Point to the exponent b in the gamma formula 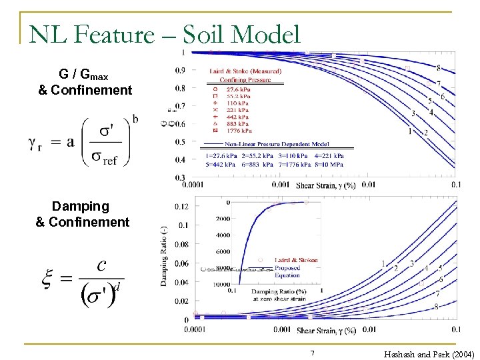pyautogui.click(x=135, y=119)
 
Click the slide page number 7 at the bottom pyautogui.click(x=311, y=353)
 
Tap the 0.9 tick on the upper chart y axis pyautogui.click(x=179, y=71)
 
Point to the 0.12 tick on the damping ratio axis pyautogui.click(x=181, y=207)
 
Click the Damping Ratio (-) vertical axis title pyautogui.click(x=163, y=256)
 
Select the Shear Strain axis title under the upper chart pyautogui.click(x=326, y=186)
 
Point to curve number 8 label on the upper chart pyautogui.click(x=438, y=67)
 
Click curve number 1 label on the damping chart pyautogui.click(x=383, y=264)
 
